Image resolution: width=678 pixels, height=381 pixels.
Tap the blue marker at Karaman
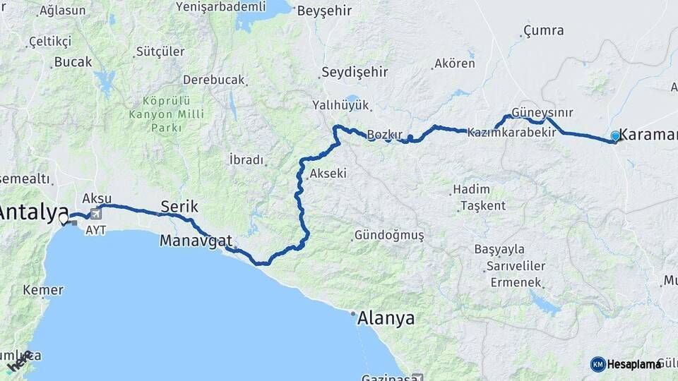[x=615, y=136]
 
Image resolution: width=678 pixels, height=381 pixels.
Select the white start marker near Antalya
[x=64, y=219]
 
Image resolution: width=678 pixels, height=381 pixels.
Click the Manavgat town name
[x=196, y=241]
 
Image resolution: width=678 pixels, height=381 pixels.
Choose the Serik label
[x=179, y=206]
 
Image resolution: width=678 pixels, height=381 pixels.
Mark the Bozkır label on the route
[x=384, y=134]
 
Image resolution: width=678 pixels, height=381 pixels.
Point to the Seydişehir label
[x=355, y=72]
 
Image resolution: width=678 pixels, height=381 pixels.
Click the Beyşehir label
[x=324, y=11]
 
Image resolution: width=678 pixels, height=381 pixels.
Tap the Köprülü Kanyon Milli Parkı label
[x=166, y=114]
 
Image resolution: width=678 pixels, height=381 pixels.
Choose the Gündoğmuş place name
[x=389, y=235]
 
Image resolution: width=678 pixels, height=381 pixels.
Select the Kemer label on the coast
[x=43, y=290]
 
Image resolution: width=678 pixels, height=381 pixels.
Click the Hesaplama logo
[x=626, y=364]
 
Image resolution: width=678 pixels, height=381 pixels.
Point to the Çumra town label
[x=543, y=30]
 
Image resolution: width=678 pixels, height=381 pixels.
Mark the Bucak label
[x=73, y=62]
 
